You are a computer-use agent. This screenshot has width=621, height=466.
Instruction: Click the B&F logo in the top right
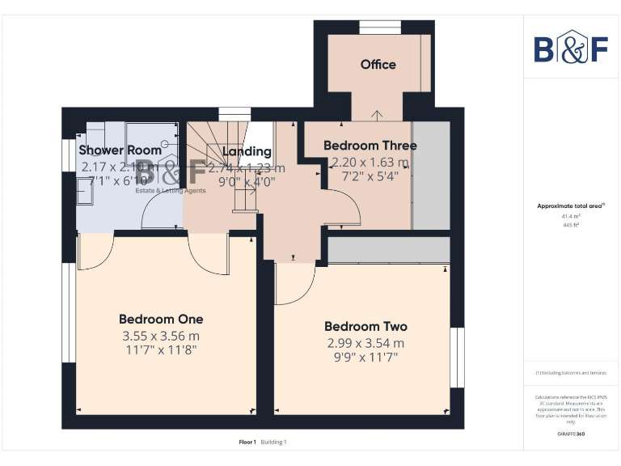click(x=571, y=49)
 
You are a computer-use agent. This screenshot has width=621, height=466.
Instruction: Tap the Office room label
click(x=378, y=64)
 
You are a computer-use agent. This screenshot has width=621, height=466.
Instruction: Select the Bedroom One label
click(x=161, y=319)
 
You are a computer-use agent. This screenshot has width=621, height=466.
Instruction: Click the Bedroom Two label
click(x=365, y=326)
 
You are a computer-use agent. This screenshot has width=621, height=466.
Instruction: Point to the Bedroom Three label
click(x=370, y=146)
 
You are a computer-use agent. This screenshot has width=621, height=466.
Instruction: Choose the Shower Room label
click(x=120, y=150)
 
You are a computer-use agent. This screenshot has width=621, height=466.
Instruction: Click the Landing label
click(x=247, y=151)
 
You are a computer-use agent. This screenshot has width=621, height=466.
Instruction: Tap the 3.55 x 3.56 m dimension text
click(x=161, y=335)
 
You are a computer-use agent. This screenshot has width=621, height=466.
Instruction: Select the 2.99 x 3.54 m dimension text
click(x=365, y=343)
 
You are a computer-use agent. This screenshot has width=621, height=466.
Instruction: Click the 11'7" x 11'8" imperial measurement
click(x=161, y=350)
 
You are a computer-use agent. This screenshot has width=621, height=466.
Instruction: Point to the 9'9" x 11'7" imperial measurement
click(x=365, y=358)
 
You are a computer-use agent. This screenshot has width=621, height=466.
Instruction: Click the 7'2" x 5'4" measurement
click(x=370, y=176)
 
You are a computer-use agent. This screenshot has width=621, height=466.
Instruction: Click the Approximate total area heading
click(x=570, y=206)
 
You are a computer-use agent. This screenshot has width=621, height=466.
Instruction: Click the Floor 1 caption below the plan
click(x=247, y=442)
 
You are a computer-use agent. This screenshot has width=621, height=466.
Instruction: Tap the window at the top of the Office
click(x=374, y=28)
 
